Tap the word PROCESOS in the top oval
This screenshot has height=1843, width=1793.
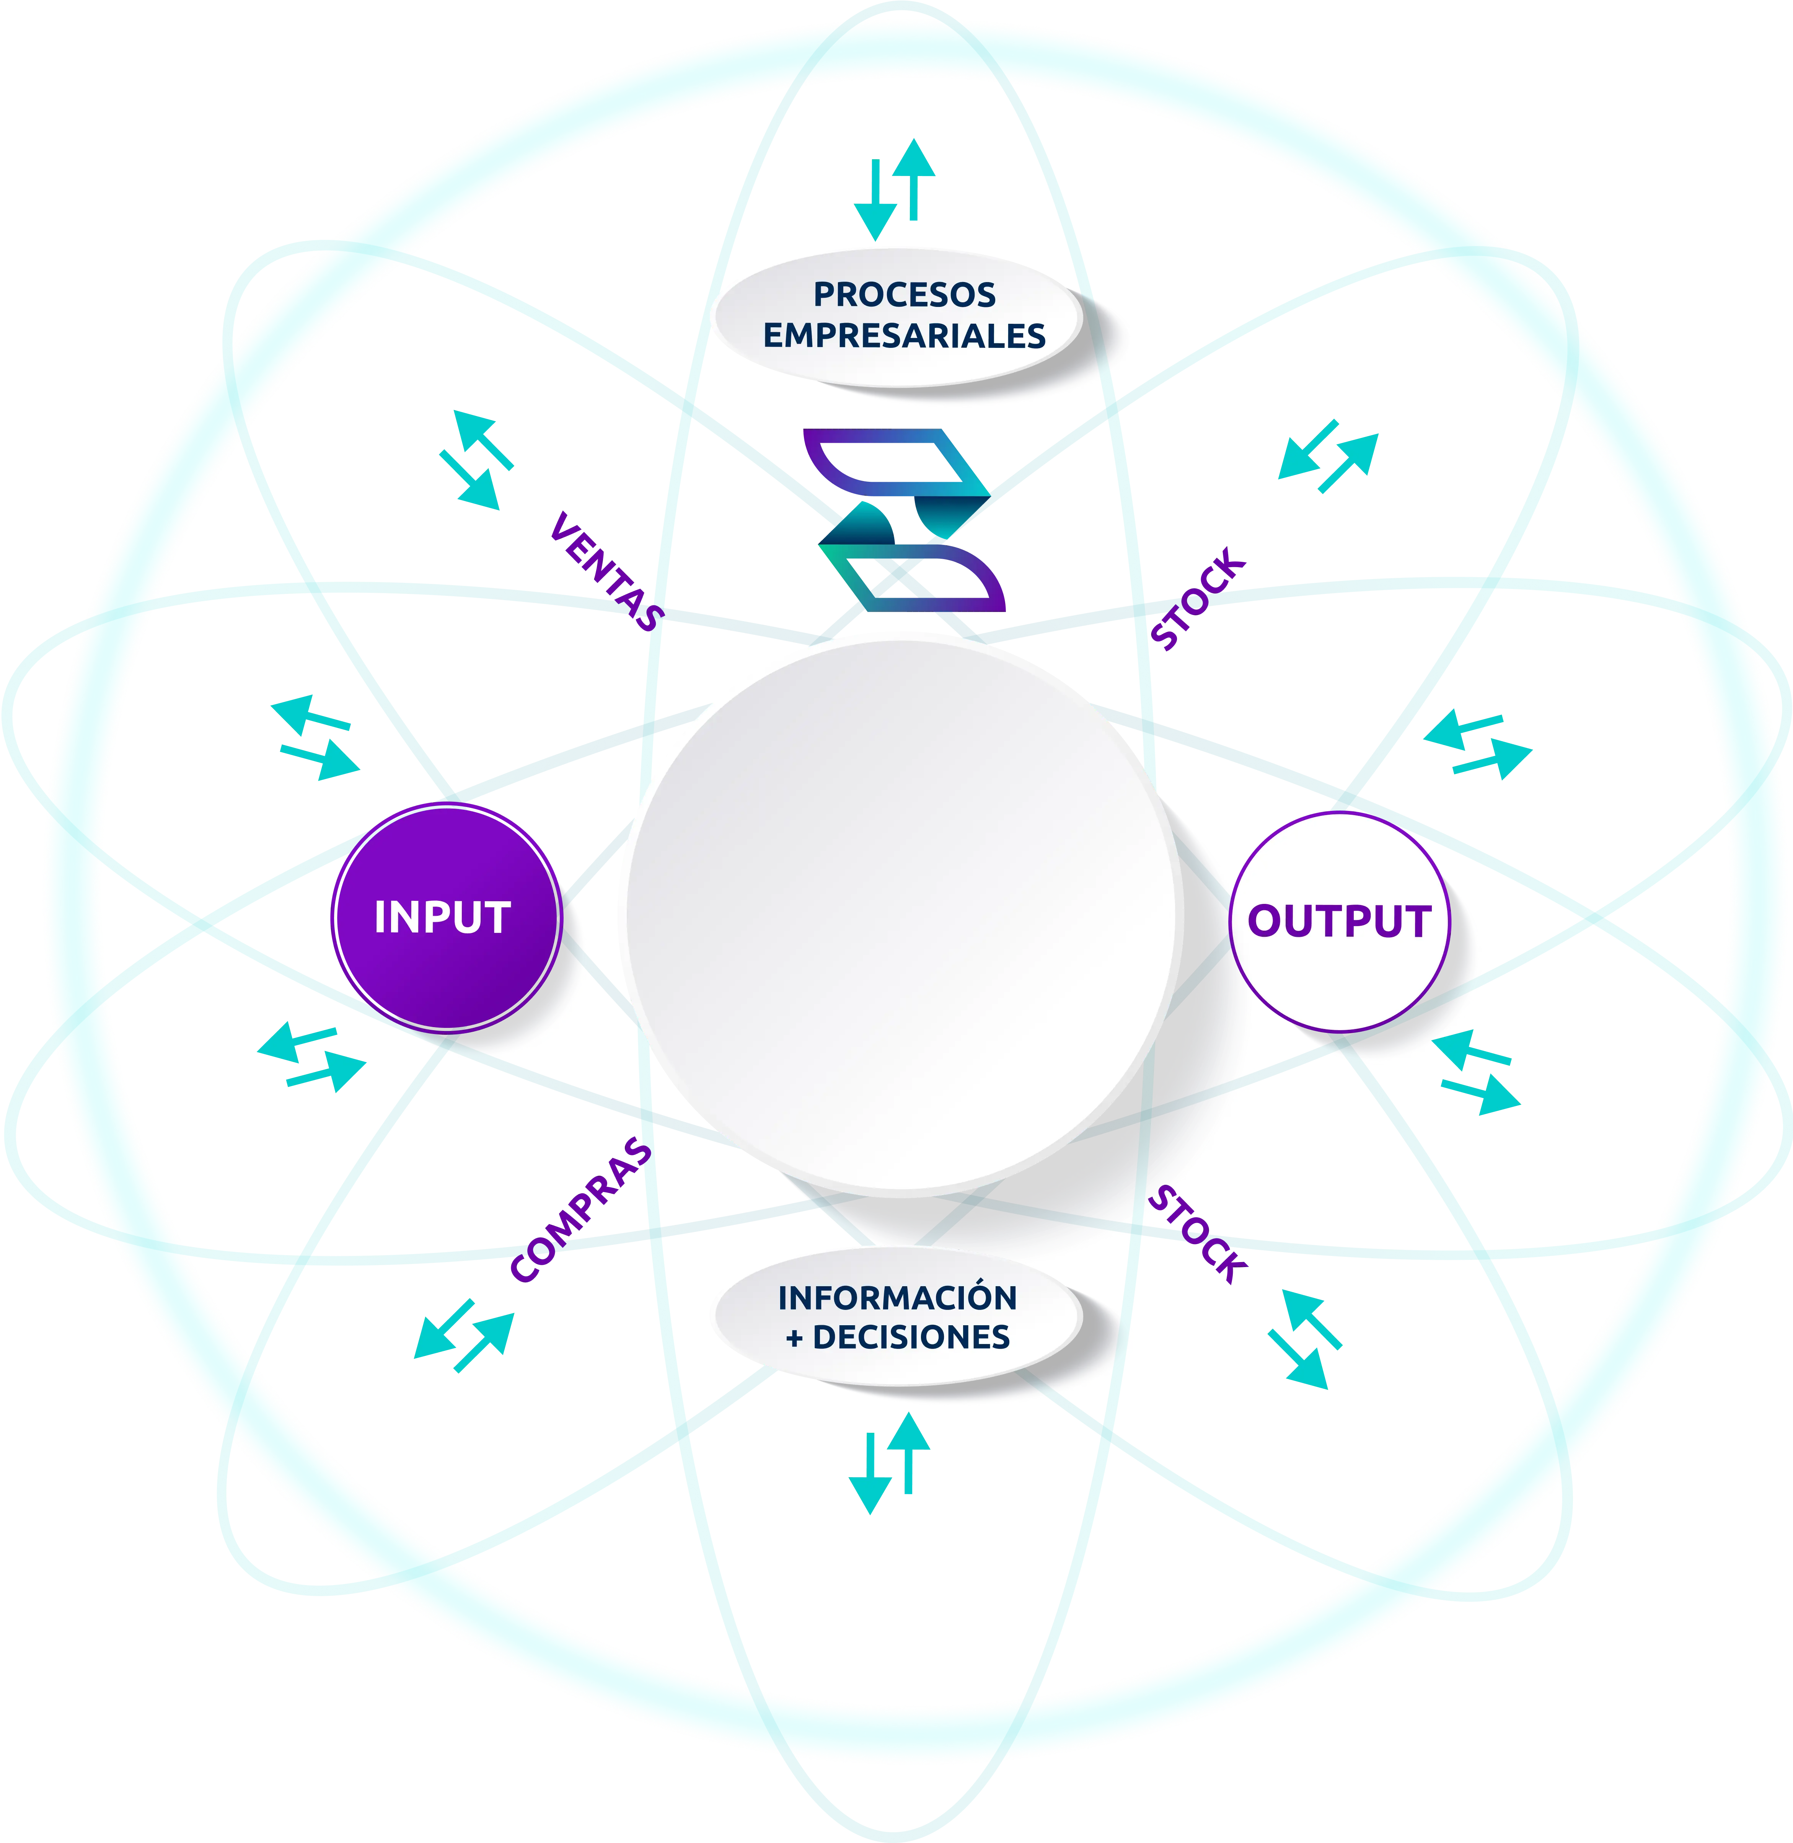(904, 295)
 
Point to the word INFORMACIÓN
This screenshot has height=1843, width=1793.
(897, 1298)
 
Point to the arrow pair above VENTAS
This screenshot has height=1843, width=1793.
(476, 458)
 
